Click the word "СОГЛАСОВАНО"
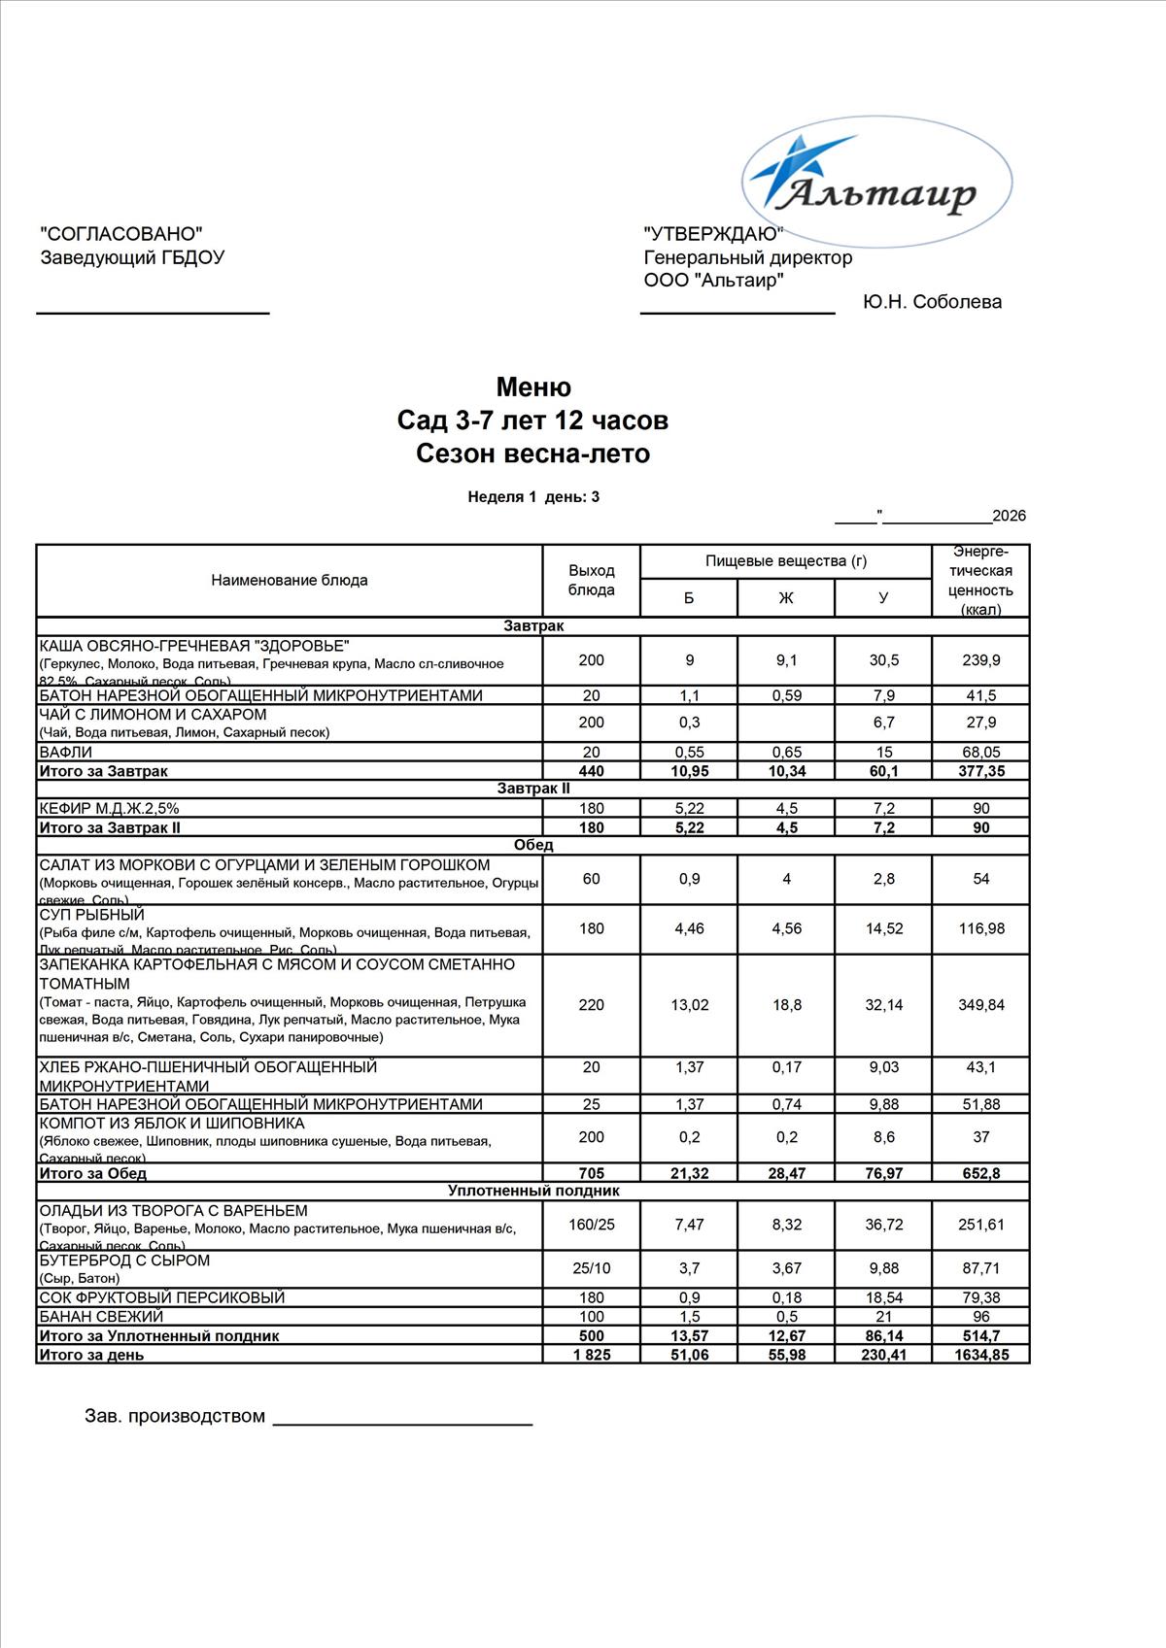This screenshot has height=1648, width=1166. click(x=121, y=233)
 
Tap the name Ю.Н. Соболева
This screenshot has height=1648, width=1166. click(x=932, y=302)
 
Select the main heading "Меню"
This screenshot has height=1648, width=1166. click(x=533, y=387)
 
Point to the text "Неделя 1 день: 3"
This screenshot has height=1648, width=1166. click(x=533, y=497)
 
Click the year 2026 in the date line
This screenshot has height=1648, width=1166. click(x=1009, y=516)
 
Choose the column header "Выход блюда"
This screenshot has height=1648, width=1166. click(x=591, y=580)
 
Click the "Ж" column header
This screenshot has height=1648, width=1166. click(x=786, y=597)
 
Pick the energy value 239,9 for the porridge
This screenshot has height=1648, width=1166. click(x=980, y=660)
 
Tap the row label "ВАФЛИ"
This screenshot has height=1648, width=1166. click(x=66, y=752)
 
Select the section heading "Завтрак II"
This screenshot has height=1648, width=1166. click(x=533, y=789)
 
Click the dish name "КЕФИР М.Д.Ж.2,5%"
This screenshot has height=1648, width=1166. click(x=109, y=808)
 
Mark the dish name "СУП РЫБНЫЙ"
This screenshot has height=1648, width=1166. click(x=91, y=915)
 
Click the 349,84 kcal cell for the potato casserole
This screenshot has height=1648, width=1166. click(x=980, y=1005)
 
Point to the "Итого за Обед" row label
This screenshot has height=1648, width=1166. click(x=92, y=1173)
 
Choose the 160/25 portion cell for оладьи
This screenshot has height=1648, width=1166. click(x=591, y=1225)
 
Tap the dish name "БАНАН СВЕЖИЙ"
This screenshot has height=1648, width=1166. click(x=101, y=1317)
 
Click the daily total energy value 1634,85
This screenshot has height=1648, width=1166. click(x=980, y=1355)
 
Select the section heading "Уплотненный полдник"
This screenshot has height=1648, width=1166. click(x=533, y=1191)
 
